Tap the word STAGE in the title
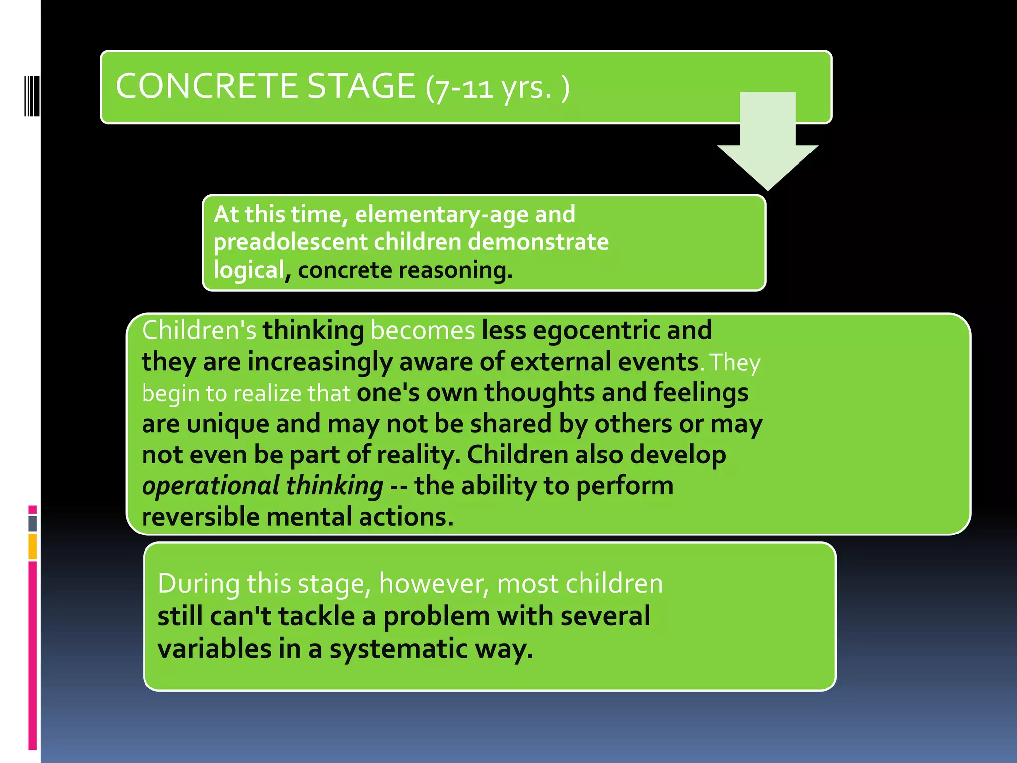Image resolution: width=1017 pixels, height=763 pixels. point(361,86)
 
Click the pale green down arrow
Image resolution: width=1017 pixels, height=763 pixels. point(767,144)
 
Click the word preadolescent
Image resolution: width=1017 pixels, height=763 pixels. point(290,242)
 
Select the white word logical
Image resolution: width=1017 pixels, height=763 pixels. point(248,270)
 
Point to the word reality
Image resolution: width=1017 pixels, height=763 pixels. point(418,456)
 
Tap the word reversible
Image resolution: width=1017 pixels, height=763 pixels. point(200,517)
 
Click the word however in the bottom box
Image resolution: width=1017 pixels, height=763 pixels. point(434,584)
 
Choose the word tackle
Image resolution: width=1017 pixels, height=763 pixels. point(315,616)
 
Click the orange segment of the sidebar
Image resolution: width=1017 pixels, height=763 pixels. point(32,546)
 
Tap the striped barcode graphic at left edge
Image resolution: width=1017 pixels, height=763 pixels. point(31,95)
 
